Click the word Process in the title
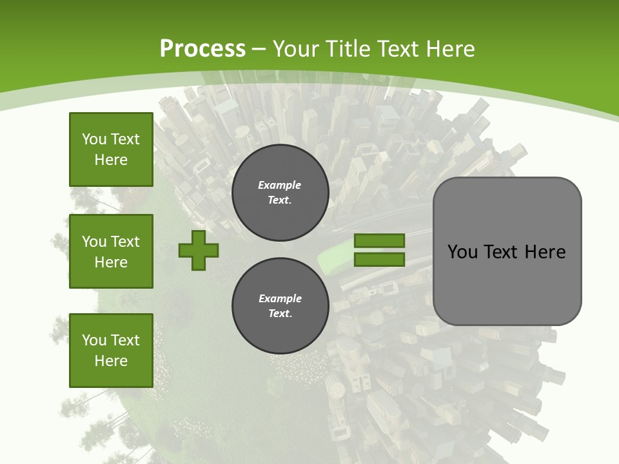pyautogui.click(x=202, y=48)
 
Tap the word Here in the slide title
pyautogui.click(x=449, y=48)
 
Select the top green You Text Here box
pyautogui.click(x=111, y=150)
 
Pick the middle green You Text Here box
pyautogui.click(x=111, y=251)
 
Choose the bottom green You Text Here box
pyautogui.click(x=111, y=351)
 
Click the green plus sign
pyautogui.click(x=199, y=249)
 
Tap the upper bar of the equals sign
pyautogui.click(x=379, y=240)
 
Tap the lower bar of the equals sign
pyautogui.click(x=379, y=260)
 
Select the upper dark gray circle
pyautogui.click(x=280, y=193)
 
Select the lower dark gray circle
pyautogui.click(x=280, y=305)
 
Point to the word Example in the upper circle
pyautogui.click(x=280, y=185)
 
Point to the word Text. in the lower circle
pyautogui.click(x=280, y=314)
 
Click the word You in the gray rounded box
pyautogui.click(x=462, y=252)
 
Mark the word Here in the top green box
pyautogui.click(x=111, y=160)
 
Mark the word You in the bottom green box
pyautogui.click(x=94, y=340)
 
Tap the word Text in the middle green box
pyautogui.click(x=124, y=242)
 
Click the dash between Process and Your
pyautogui.click(x=259, y=49)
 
